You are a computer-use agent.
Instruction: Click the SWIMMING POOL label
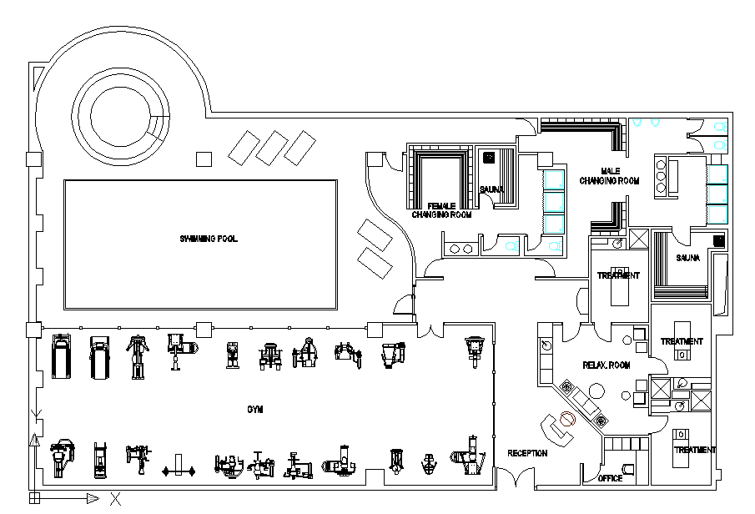209,239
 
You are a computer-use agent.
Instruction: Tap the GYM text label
254,409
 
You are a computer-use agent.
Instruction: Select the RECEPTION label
527,453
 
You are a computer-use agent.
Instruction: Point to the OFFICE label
611,478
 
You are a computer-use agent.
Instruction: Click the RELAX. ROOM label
607,365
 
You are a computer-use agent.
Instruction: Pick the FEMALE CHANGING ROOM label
441,209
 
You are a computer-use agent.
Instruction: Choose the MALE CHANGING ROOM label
609,176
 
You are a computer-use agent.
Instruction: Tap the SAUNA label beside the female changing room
491,189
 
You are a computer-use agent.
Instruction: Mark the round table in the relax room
597,391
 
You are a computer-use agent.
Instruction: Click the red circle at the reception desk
567,420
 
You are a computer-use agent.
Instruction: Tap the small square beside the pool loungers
204,159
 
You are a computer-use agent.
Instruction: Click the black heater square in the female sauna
489,156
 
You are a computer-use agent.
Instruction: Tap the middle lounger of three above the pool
272,148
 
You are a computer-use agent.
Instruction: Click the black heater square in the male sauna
718,240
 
